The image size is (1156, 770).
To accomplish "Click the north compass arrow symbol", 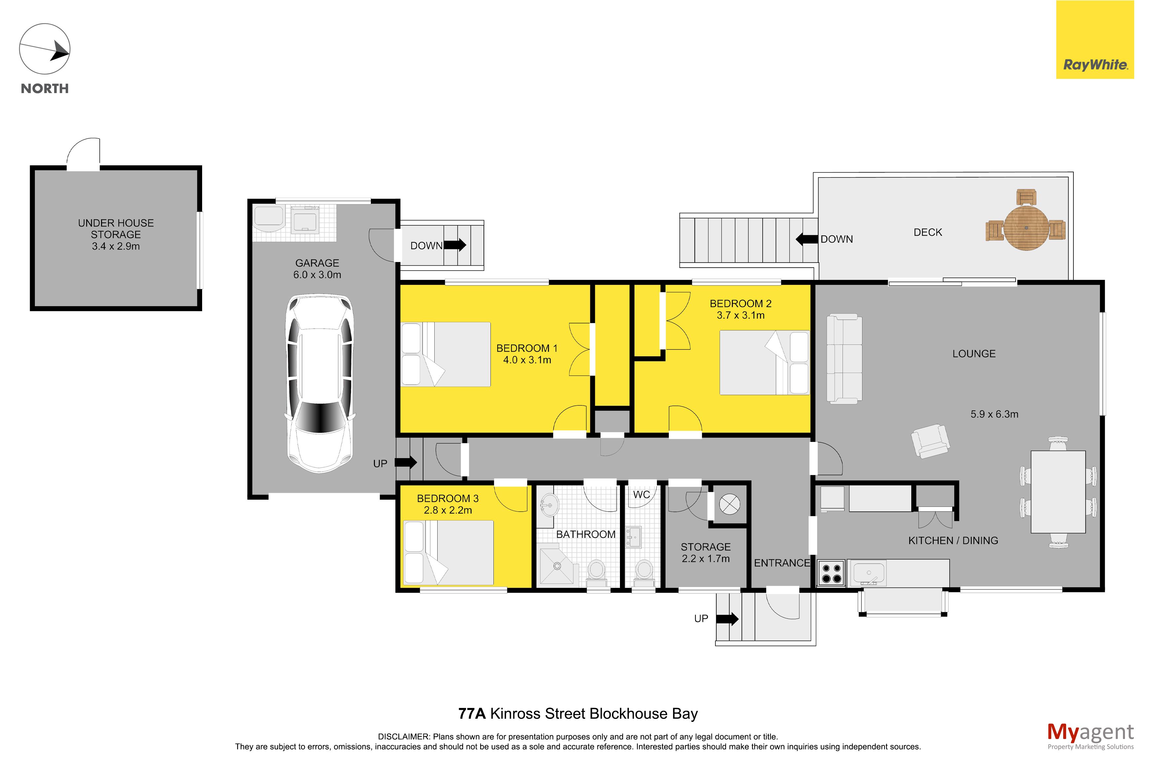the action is [45, 49].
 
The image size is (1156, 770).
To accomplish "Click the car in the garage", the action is [319, 383].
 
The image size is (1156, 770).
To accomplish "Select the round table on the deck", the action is [1026, 228].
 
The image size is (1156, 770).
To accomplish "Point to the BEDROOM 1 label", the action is [527, 348].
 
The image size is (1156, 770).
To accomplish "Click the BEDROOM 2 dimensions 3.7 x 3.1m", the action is [741, 315].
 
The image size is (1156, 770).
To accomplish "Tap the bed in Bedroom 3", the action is [448, 552].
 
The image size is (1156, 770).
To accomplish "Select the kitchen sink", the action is [869, 573].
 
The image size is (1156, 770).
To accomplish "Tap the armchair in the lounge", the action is [930, 441].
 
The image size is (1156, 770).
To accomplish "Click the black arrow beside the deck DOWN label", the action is [807, 239].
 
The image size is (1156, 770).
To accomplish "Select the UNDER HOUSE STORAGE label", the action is [116, 229].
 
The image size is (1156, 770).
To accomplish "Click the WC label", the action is [641, 494].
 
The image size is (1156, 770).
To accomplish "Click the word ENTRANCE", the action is [782, 563].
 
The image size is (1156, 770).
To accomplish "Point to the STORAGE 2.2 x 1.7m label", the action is [705, 552].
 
